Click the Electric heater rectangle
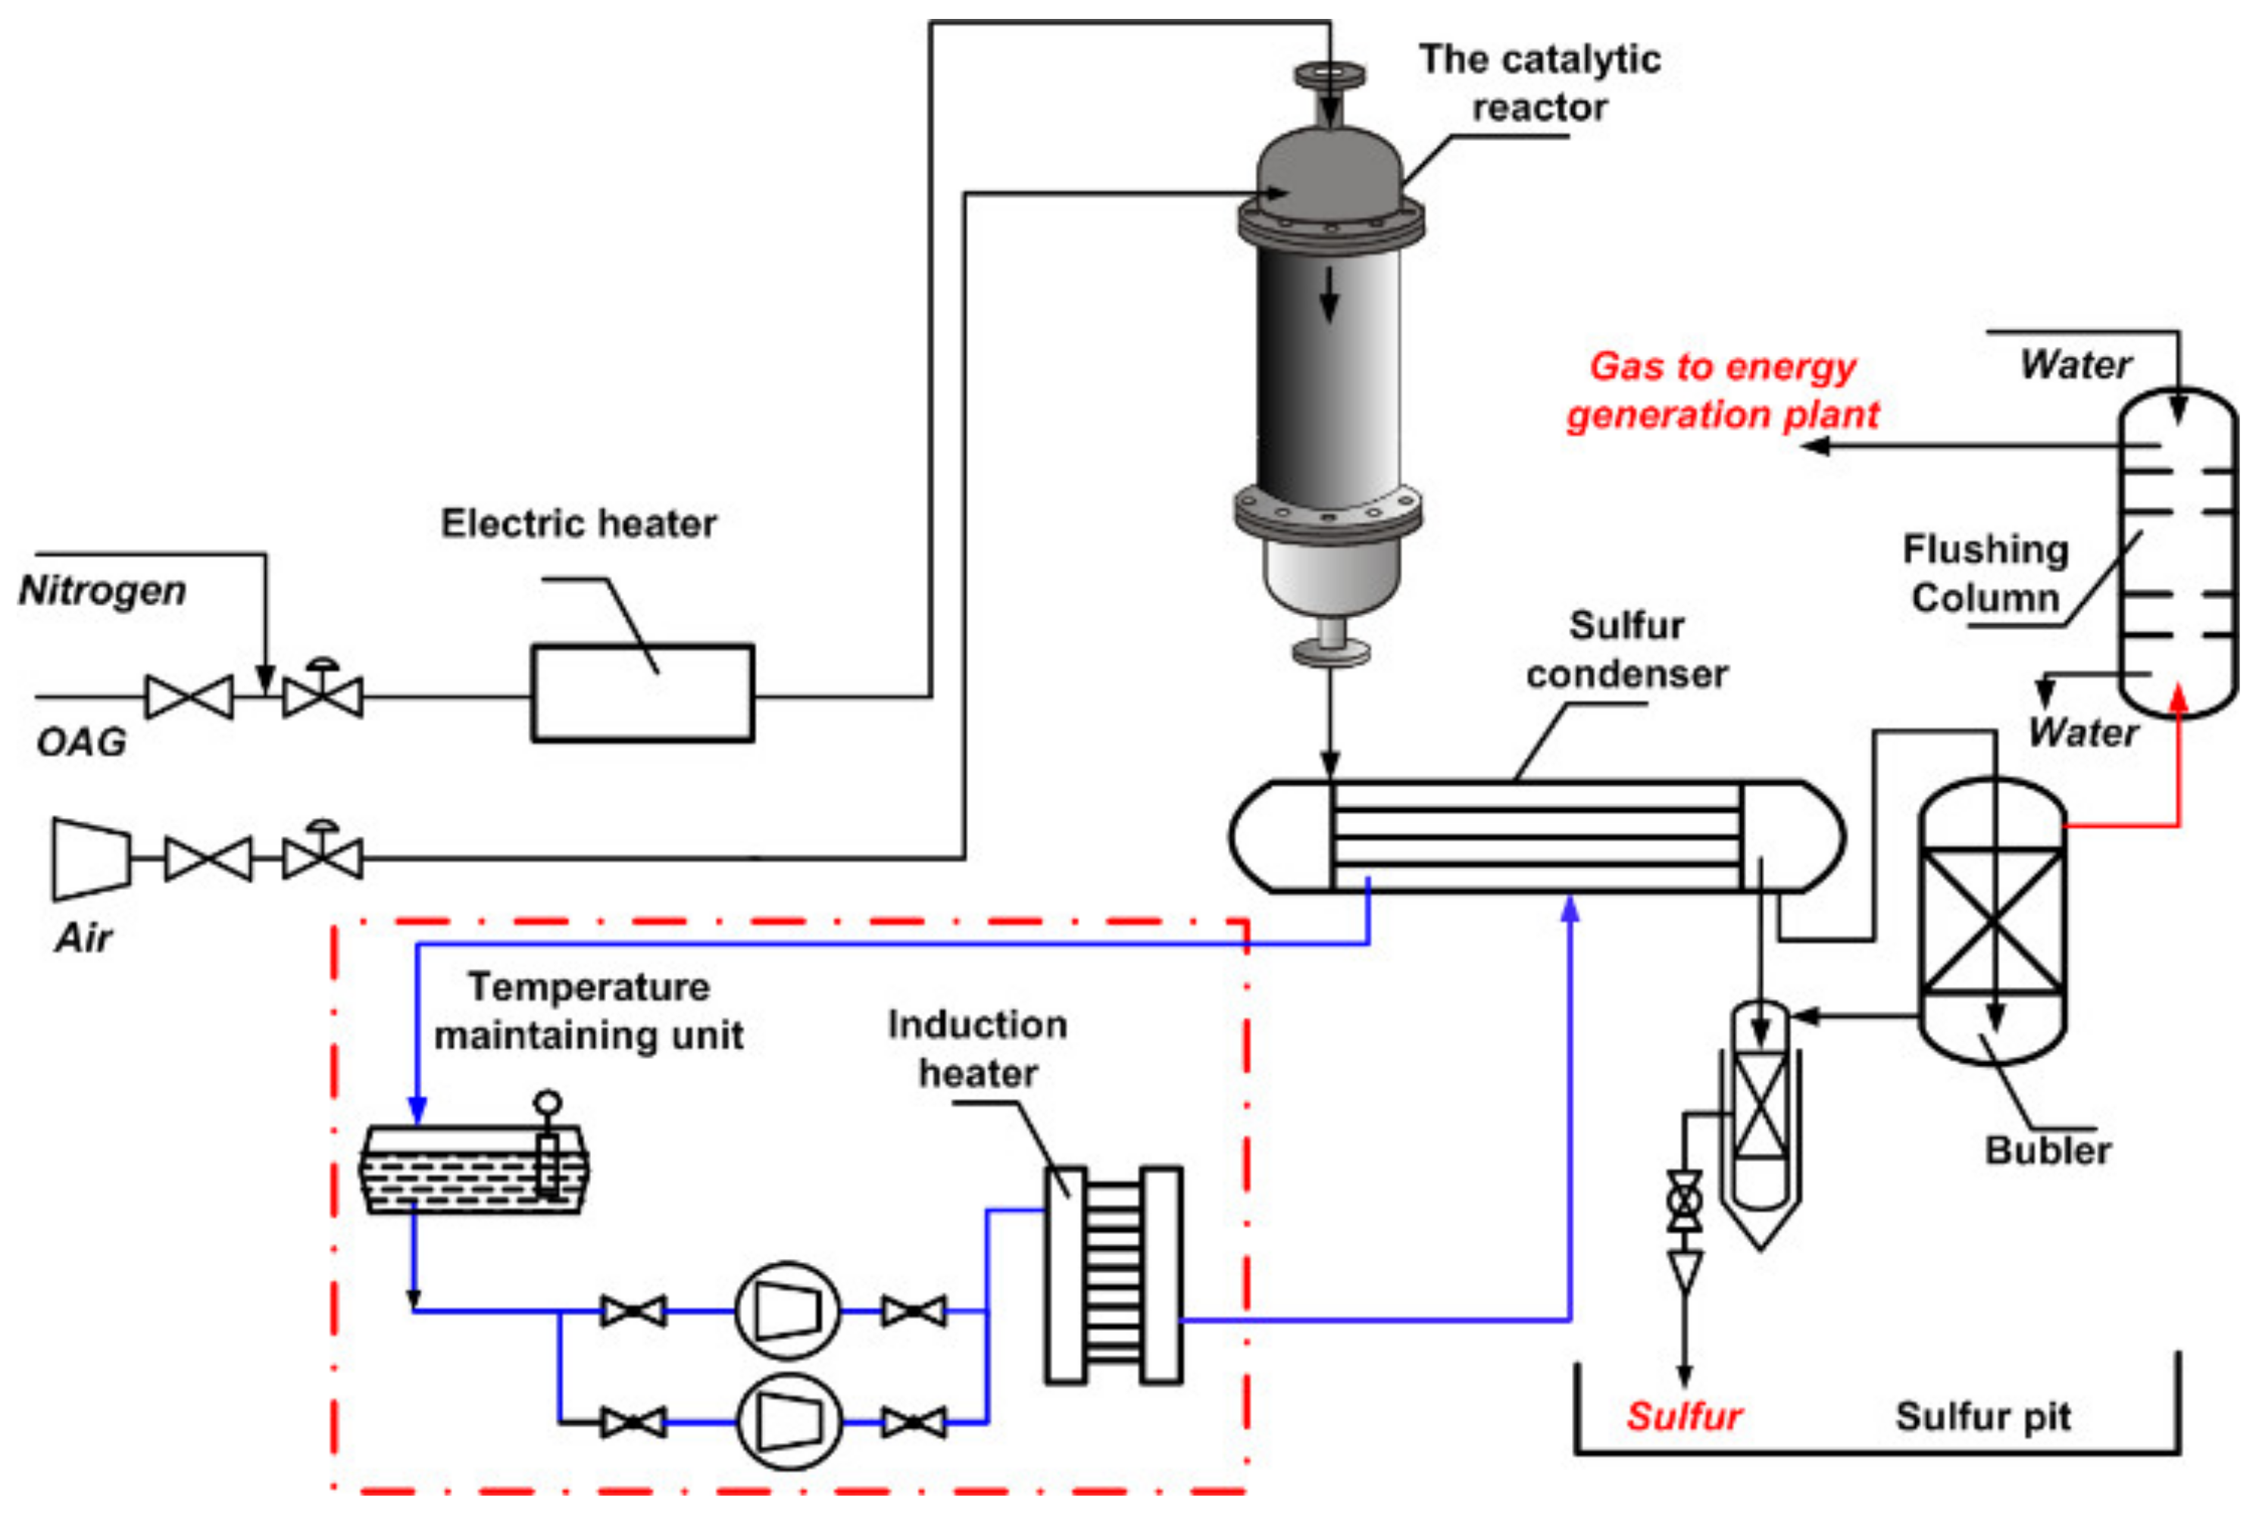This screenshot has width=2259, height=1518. [641, 693]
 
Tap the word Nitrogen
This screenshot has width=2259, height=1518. [102, 589]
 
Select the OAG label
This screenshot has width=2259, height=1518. [81, 742]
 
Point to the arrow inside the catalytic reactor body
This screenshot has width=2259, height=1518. [1329, 293]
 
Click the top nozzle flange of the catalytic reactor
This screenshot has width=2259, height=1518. [1329, 74]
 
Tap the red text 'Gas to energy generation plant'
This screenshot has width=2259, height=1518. [1722, 391]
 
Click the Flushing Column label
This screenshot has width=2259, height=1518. [1984, 573]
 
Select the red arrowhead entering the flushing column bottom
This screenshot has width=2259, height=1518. [2178, 696]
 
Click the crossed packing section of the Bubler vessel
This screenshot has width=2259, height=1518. [1992, 920]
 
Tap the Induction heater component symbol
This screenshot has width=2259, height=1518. [1113, 1275]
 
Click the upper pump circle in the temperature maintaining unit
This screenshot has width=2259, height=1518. [787, 1310]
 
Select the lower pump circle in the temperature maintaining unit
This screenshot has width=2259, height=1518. [787, 1421]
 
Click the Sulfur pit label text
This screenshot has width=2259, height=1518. [1982, 1416]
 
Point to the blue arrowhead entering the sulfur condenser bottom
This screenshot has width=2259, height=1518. [1570, 908]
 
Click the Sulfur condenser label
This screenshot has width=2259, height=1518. [1626, 650]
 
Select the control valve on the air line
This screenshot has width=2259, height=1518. [323, 856]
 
